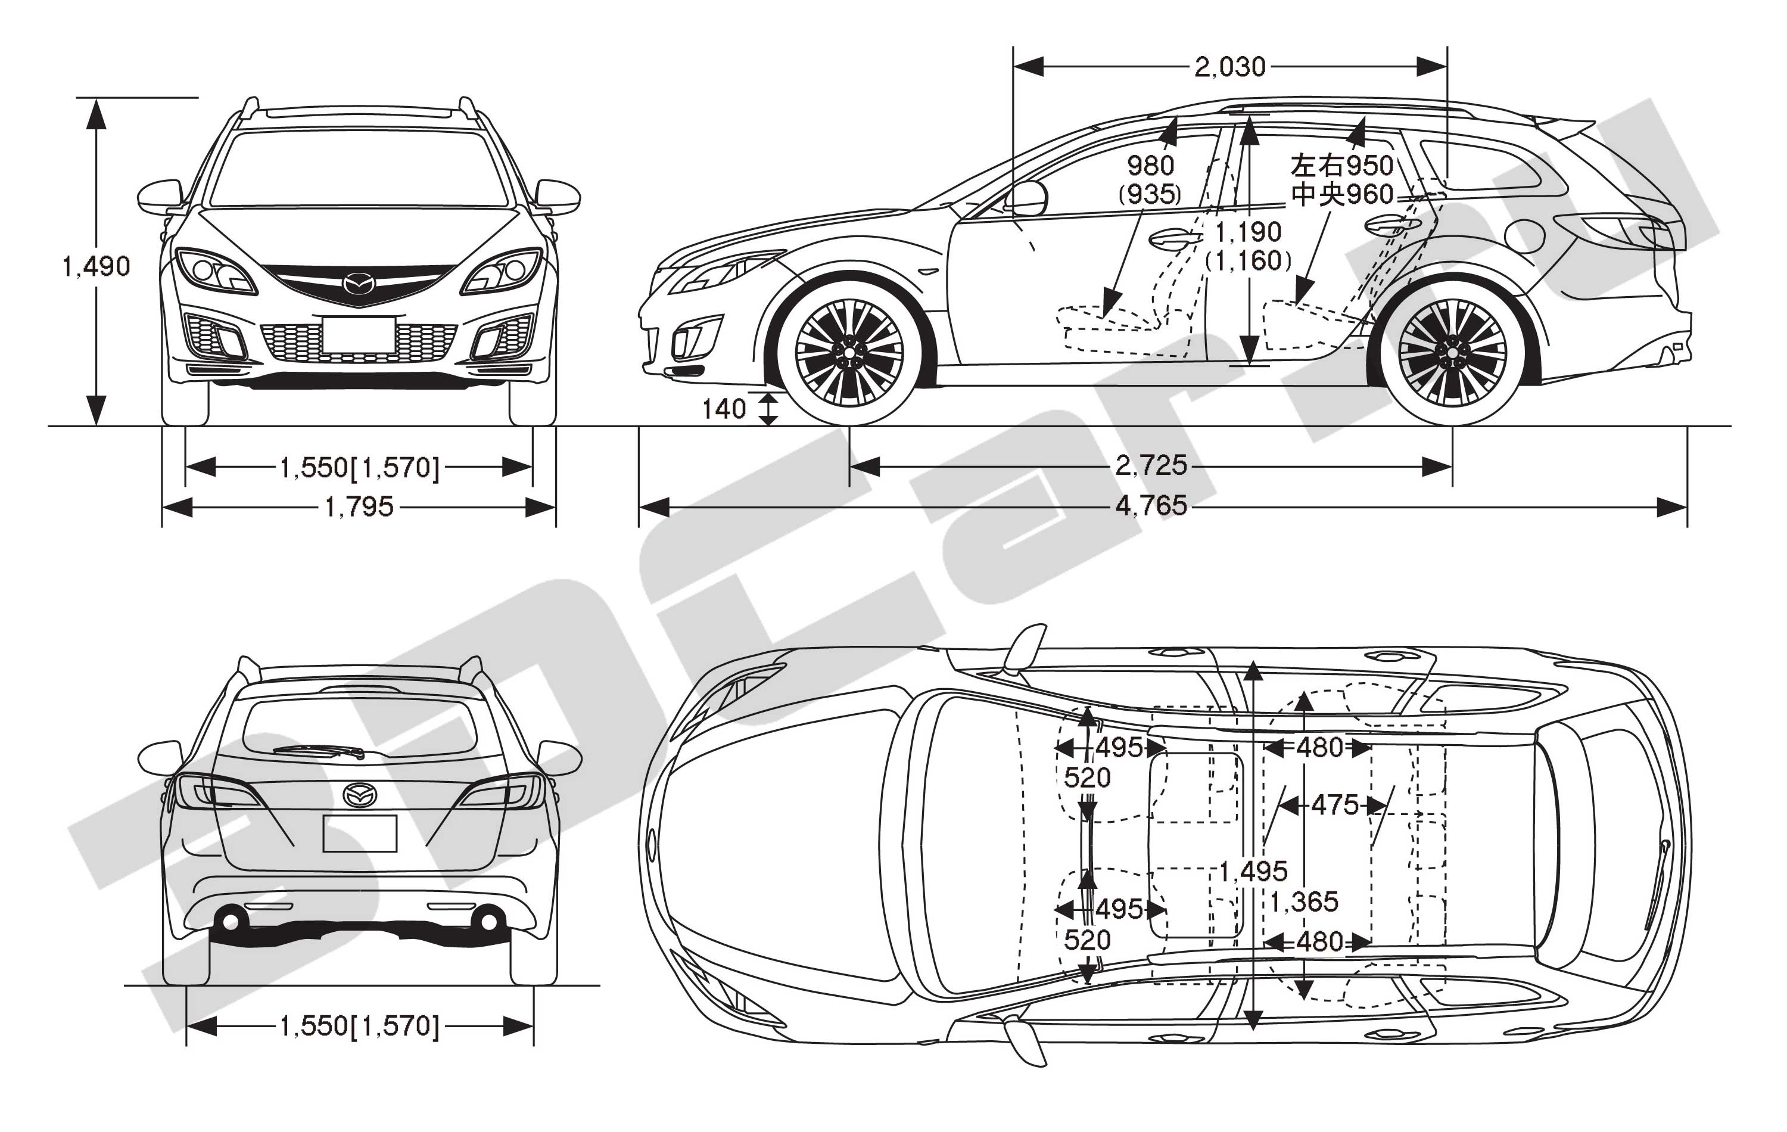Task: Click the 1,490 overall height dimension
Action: point(96,266)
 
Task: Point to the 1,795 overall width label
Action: point(359,507)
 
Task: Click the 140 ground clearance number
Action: point(724,409)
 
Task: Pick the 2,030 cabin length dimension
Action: point(1229,67)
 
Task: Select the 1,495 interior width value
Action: point(1253,870)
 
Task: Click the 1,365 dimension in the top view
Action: point(1304,902)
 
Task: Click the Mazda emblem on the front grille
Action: point(359,284)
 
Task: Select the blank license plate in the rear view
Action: point(360,834)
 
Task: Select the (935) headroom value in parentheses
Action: point(1150,194)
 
